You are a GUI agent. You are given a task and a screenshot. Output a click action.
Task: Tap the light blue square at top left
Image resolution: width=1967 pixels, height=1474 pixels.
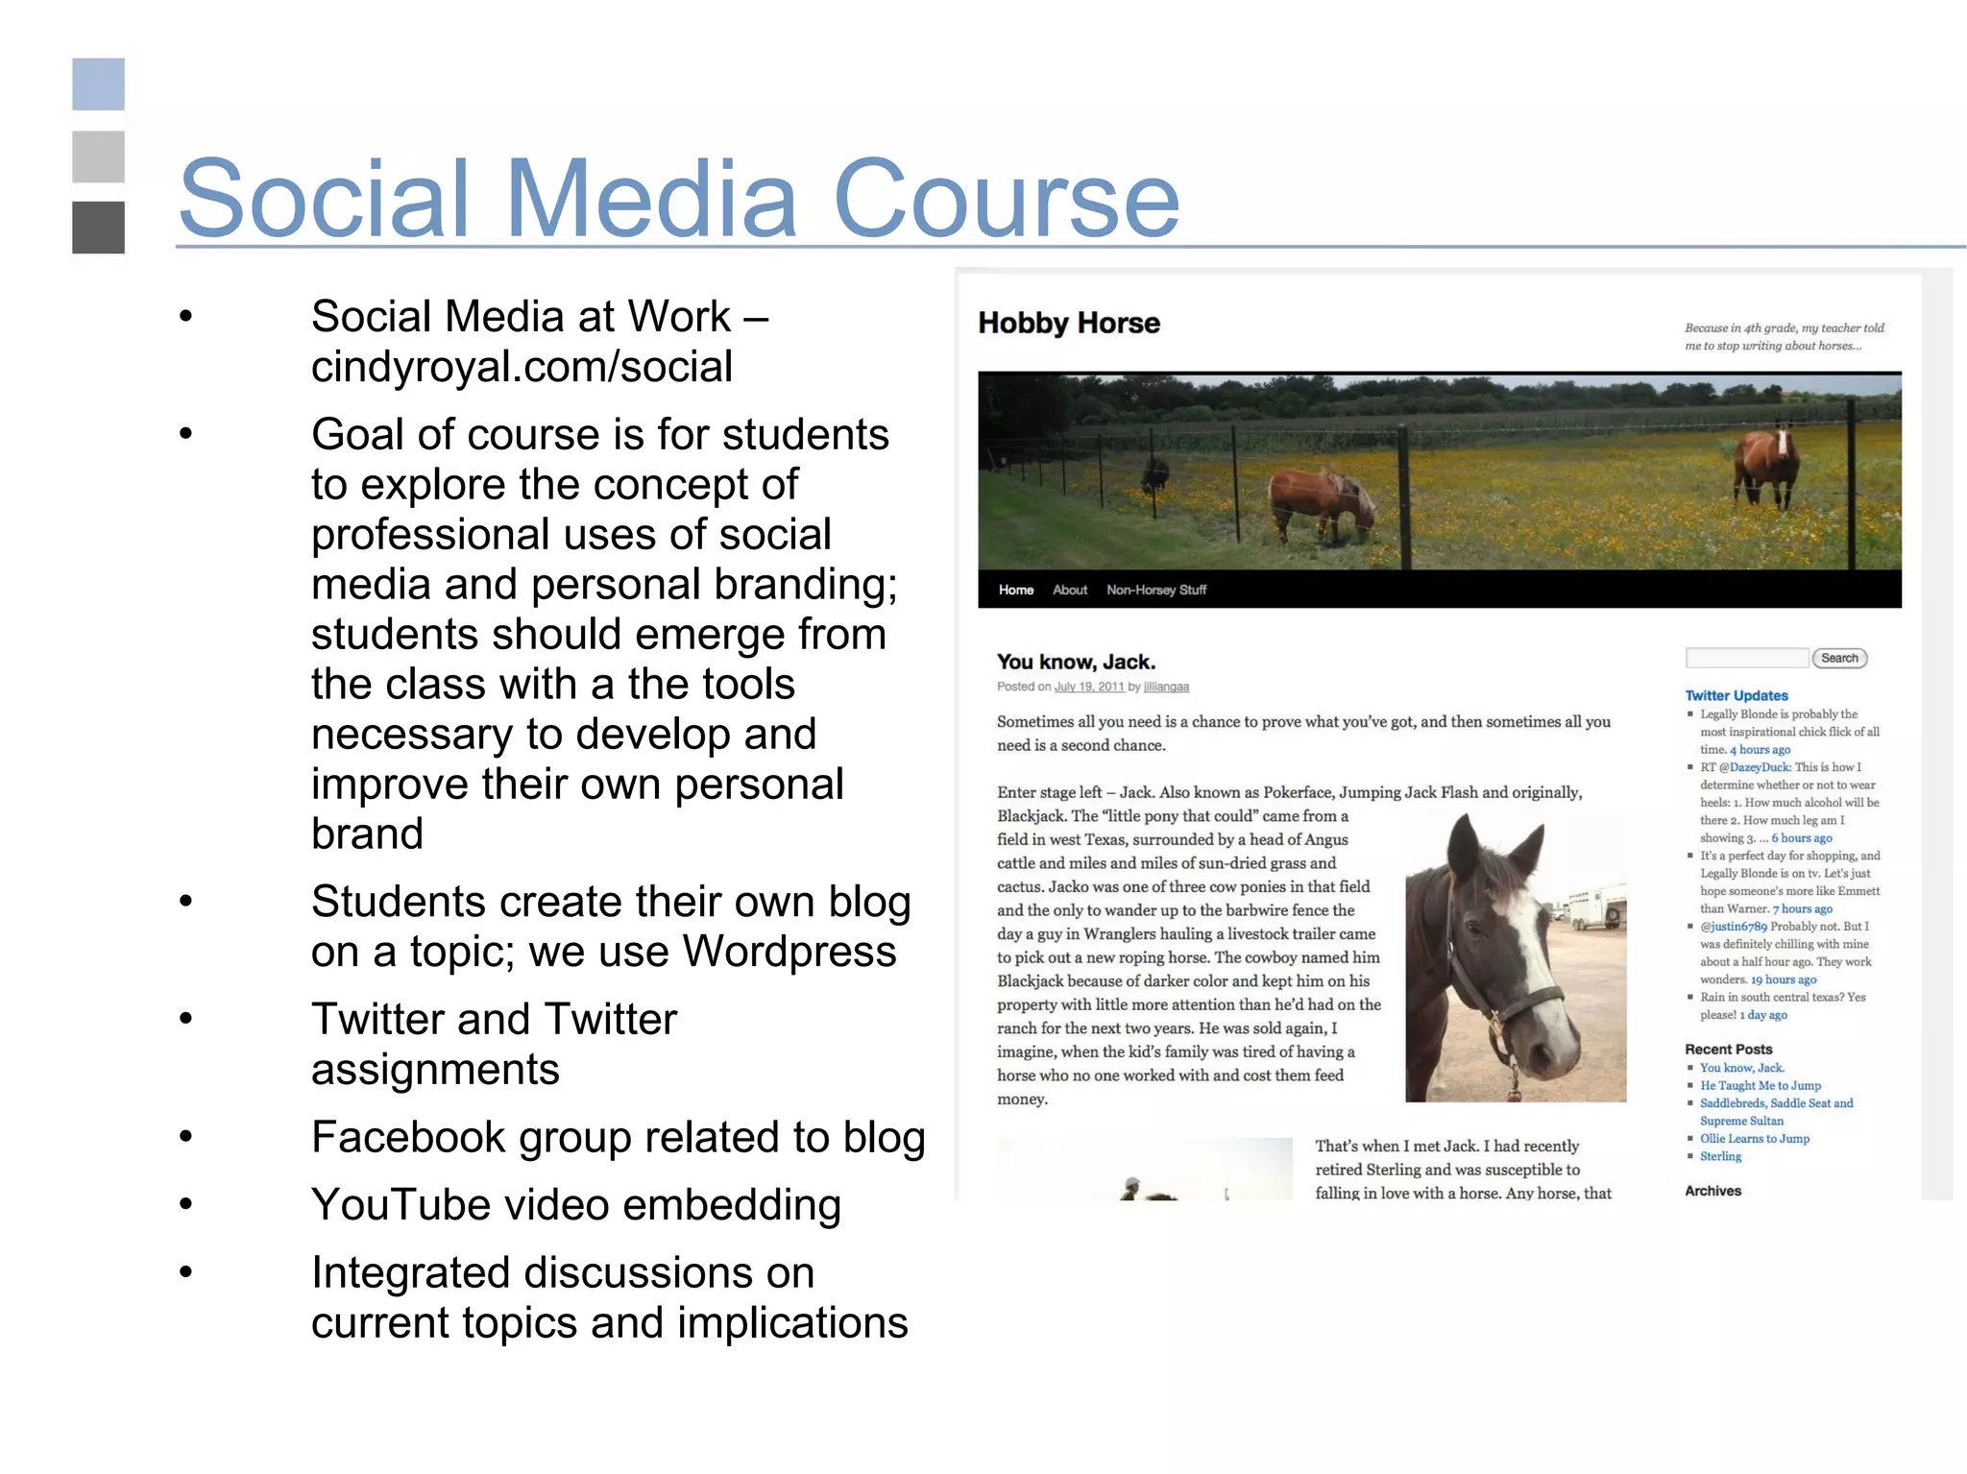click(98, 85)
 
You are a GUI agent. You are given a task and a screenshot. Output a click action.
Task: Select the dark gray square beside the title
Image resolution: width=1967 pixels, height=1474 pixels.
click(98, 228)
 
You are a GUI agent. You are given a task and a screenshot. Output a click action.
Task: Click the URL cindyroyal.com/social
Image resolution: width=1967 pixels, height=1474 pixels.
click(522, 367)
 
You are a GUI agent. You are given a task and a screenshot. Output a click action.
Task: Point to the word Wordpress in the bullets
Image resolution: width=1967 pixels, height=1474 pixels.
click(789, 952)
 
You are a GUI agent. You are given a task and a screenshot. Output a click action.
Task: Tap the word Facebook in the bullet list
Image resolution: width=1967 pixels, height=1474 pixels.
click(409, 1138)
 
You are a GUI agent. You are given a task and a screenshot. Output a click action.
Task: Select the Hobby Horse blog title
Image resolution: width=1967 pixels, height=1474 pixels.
click(1068, 324)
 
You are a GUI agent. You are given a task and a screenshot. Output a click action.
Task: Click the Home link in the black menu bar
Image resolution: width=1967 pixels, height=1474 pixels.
click(1015, 590)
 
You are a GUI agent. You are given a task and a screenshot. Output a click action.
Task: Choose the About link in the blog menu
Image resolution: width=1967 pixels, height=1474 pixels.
click(1069, 590)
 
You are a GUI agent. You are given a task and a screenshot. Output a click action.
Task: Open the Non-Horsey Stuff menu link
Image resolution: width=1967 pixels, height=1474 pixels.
click(1155, 590)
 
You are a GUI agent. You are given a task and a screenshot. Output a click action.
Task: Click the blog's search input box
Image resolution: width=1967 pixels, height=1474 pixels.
click(1746, 658)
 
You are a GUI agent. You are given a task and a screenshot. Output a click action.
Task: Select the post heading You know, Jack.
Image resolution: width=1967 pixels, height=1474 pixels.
click(1076, 662)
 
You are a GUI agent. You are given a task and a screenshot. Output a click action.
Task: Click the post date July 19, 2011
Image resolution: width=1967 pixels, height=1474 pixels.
click(1088, 687)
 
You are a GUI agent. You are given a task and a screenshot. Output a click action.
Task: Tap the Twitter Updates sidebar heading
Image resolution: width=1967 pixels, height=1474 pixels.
click(1736, 695)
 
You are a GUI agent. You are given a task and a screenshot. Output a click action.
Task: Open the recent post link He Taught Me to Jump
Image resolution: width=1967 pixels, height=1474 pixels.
click(1760, 1085)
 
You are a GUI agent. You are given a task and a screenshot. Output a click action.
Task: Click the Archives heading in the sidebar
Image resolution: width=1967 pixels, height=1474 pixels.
click(1712, 1191)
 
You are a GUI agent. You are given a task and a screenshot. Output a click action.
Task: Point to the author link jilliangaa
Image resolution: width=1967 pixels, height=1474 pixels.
click(1166, 687)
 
